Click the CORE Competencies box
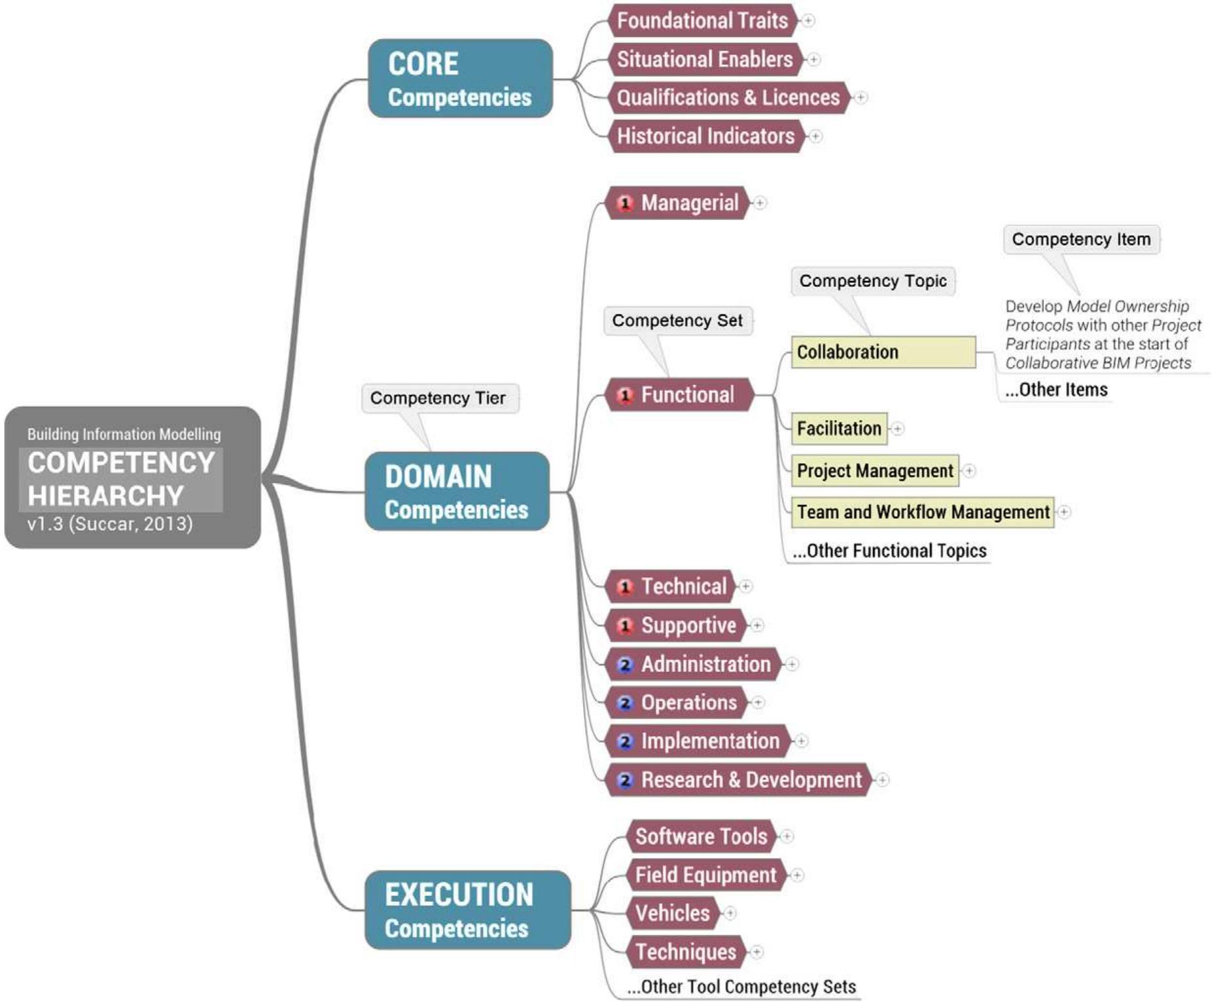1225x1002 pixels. tap(460, 79)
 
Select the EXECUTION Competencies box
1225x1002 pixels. tap(467, 910)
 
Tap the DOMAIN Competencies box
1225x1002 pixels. tap(457, 491)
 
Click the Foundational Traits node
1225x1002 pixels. tap(702, 20)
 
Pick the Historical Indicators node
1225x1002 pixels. tap(705, 136)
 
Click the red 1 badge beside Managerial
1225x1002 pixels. tap(625, 203)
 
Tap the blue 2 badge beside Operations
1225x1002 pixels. tap(625, 703)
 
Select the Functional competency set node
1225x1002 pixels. tap(686, 395)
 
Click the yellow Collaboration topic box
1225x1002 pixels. tap(883, 352)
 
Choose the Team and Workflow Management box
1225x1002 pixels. tap(922, 512)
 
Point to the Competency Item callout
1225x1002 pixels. tap(1081, 240)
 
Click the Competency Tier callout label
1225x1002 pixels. tap(438, 398)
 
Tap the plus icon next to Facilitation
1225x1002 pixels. tap(898, 429)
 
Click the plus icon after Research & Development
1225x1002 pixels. tap(883, 780)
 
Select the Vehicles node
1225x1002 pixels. tap(672, 913)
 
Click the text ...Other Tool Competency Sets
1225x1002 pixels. tap(741, 987)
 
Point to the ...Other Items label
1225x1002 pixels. tap(1056, 390)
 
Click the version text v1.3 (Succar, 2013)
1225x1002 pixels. tap(110, 524)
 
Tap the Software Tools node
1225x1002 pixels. tap(701, 836)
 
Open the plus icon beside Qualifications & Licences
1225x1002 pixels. tap(861, 98)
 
